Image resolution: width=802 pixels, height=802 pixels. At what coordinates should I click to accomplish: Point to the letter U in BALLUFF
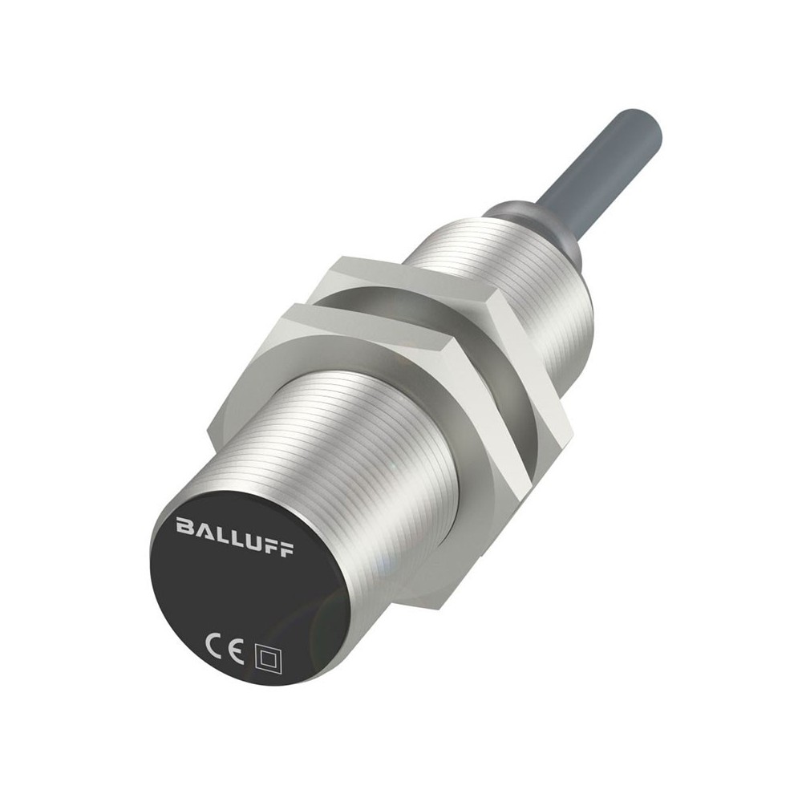coord(250,540)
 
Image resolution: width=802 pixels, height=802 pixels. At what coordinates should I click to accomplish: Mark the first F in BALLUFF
coord(269,545)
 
